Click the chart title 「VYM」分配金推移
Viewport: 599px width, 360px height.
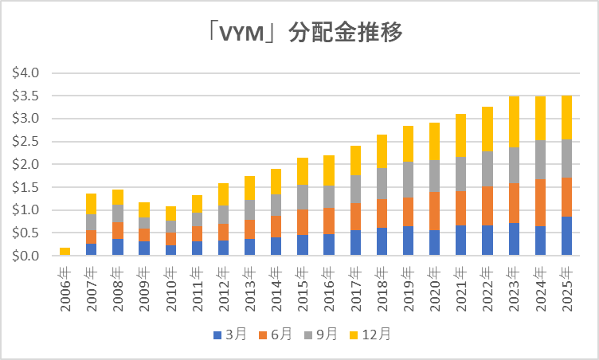[300, 34]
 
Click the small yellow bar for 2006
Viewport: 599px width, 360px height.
[65, 252]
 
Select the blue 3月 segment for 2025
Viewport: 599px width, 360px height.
[567, 236]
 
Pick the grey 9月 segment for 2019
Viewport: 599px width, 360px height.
[409, 179]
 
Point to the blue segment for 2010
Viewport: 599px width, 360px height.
[170, 250]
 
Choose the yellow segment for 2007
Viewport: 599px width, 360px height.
[92, 204]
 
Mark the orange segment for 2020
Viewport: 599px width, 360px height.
[435, 211]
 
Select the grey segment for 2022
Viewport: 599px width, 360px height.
[487, 169]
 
